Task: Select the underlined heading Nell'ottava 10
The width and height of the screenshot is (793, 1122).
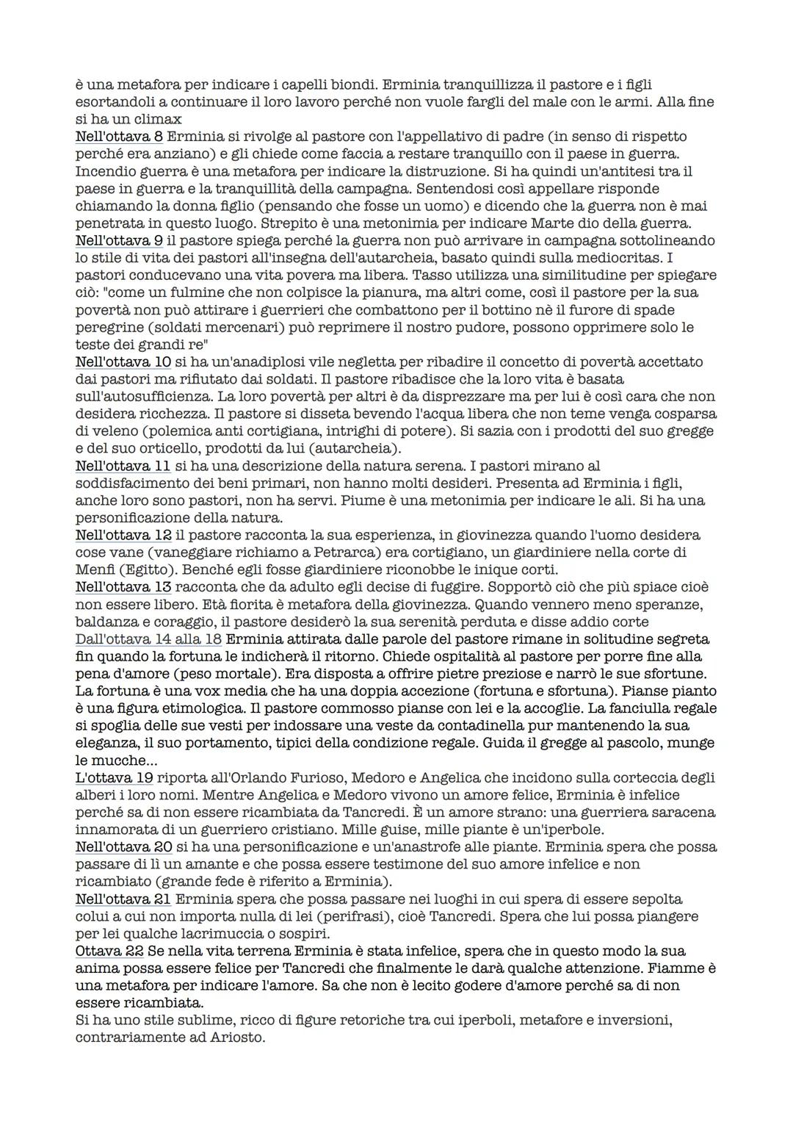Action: tap(123, 362)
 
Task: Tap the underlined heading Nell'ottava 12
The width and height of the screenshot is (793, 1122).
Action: tap(123, 536)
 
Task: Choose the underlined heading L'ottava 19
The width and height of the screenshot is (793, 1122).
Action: tap(115, 777)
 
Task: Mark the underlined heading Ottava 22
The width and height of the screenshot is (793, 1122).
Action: tap(109, 952)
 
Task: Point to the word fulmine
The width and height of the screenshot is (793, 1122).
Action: tap(166, 292)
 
